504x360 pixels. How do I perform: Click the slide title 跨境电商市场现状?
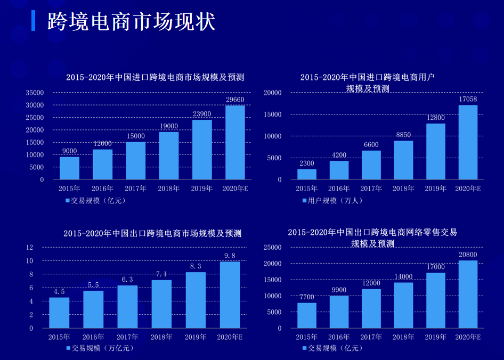point(131,22)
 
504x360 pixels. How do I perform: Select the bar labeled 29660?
point(235,142)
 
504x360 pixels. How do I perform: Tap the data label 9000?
point(69,151)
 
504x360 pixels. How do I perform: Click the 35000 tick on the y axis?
point(35,93)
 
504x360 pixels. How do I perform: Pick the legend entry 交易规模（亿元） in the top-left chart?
point(96,201)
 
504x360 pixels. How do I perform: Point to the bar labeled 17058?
point(468,142)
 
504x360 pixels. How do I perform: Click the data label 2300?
point(306,163)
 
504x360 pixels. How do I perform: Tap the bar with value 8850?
point(403,160)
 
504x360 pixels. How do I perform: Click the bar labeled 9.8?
point(230,294)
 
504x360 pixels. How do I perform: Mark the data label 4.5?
point(59,291)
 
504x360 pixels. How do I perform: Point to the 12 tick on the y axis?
point(30,247)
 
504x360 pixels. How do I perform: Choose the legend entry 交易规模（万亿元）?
point(100,348)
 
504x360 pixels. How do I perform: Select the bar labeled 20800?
point(468,294)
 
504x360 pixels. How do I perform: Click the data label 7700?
point(306,297)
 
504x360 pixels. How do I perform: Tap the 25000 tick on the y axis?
point(272,248)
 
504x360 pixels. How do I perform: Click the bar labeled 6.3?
point(127,307)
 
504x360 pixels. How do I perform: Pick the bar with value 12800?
point(435,151)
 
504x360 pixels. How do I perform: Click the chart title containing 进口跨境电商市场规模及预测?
point(155,77)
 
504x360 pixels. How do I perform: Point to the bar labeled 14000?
point(403,305)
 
